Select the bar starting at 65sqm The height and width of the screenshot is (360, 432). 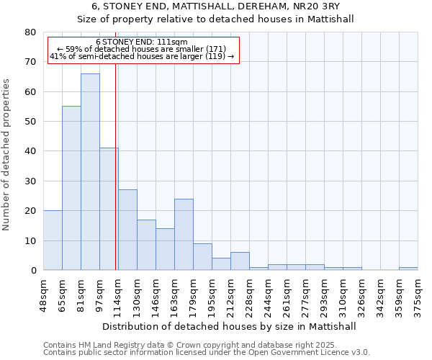pos(71,188)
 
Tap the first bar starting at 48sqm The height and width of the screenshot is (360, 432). pos(53,240)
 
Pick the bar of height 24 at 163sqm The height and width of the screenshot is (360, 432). pos(184,234)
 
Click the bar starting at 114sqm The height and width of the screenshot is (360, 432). pos(127,230)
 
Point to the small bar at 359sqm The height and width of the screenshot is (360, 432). pos(408,269)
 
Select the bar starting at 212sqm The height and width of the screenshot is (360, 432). pos(240,261)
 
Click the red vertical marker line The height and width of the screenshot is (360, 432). pos(116,180)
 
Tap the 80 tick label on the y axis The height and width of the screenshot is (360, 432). pos(30,32)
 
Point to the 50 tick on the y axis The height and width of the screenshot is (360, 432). pos(30,122)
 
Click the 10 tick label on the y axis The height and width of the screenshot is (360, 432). pos(30,240)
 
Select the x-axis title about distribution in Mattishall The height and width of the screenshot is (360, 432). pos(230,326)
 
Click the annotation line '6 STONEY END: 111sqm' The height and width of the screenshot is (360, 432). pos(142,42)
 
